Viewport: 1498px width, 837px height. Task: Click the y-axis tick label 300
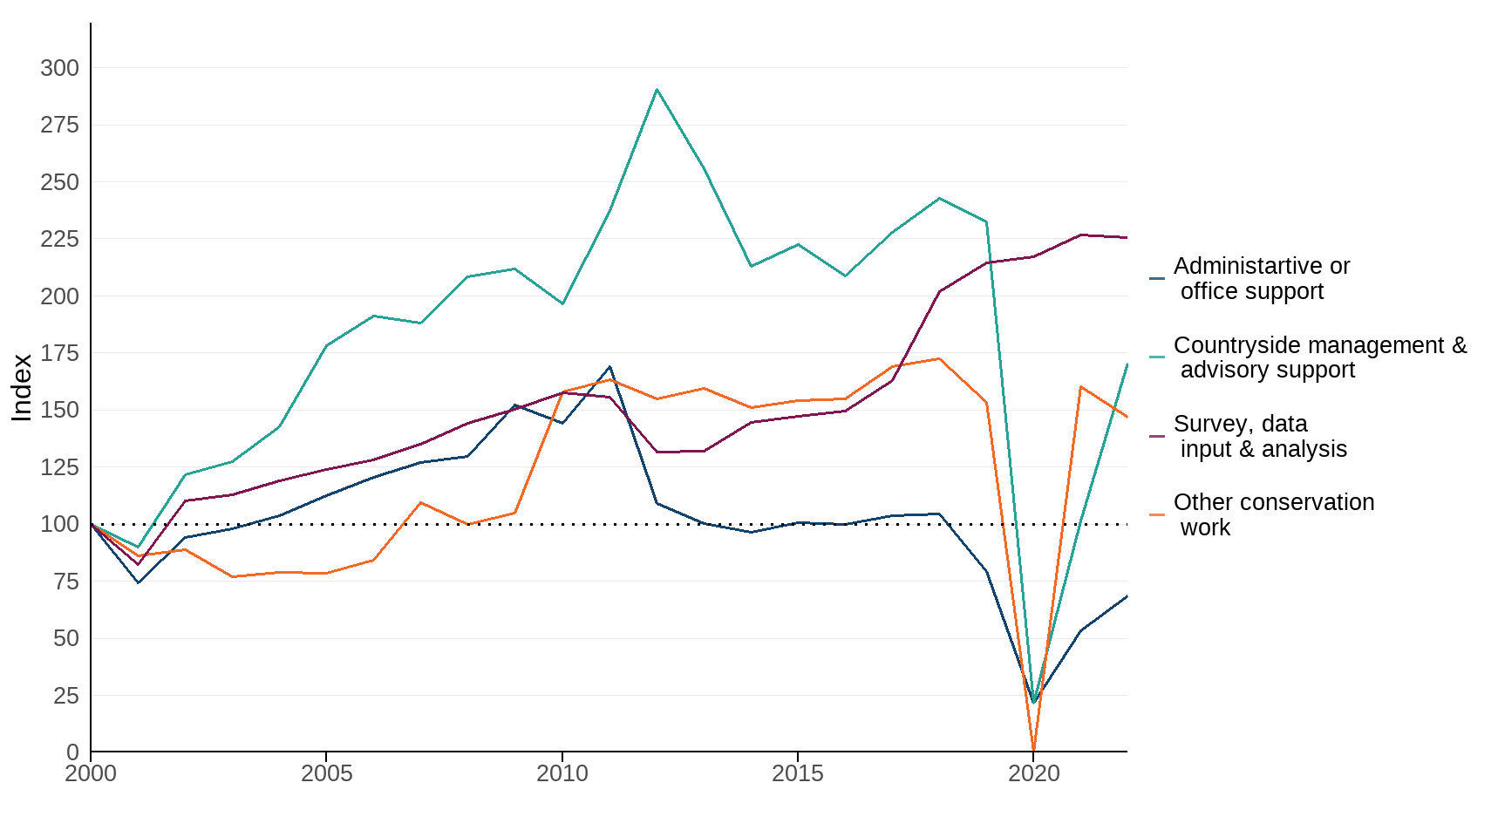click(59, 68)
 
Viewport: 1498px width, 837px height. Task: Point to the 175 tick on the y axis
click(59, 353)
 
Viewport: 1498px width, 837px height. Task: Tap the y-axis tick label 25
click(65, 696)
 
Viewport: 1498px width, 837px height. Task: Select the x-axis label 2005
click(326, 773)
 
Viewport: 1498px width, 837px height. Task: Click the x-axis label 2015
click(797, 773)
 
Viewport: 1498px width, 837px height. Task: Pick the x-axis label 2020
click(1033, 773)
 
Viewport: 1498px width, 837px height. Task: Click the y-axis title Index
click(22, 387)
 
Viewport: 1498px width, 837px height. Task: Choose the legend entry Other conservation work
click(1273, 514)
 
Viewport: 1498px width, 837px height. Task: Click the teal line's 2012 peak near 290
click(657, 90)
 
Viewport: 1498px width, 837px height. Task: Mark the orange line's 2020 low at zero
click(1033, 750)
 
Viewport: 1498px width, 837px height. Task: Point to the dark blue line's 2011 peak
click(609, 367)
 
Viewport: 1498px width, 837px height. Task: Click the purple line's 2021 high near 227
click(1081, 235)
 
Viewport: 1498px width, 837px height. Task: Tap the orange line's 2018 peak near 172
click(939, 358)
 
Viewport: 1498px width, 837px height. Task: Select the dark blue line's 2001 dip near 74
click(138, 582)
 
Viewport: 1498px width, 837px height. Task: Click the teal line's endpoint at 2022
click(1127, 364)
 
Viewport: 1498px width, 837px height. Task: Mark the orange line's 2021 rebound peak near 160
click(1081, 387)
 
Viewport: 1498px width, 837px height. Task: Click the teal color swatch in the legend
click(1157, 357)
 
